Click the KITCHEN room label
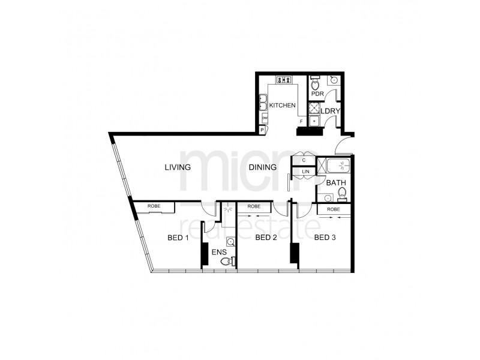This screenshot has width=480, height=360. tap(282, 106)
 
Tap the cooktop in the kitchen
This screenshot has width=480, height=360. tap(284, 80)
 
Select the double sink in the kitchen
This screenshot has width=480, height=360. tap(263, 104)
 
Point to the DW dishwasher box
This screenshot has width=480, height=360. tap(264, 118)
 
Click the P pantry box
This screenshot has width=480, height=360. tap(262, 129)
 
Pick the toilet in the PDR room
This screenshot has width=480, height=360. tap(314, 84)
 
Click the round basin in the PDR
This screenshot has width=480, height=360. tap(334, 80)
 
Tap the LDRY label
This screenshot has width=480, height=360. tap(330, 111)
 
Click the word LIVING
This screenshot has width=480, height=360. tap(178, 167)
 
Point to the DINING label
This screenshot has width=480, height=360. tap(263, 167)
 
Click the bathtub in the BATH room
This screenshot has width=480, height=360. tap(335, 166)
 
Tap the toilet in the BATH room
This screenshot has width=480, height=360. tap(343, 193)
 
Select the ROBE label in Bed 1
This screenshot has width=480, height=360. tap(154, 207)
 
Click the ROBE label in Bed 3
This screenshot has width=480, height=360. tap(334, 209)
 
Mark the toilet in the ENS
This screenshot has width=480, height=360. tap(224, 260)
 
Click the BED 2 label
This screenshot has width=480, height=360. tap(266, 238)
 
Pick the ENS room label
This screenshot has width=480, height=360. tap(218, 252)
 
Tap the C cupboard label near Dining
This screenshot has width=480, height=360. tap(304, 160)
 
